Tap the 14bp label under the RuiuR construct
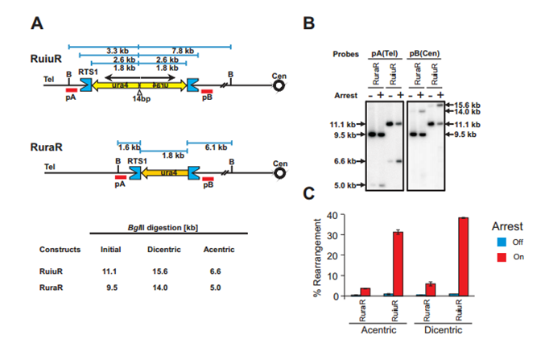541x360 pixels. (140, 98)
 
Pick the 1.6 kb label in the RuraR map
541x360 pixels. (127, 147)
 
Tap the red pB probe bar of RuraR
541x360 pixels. (208, 180)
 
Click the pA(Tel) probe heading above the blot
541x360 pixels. (383, 54)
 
